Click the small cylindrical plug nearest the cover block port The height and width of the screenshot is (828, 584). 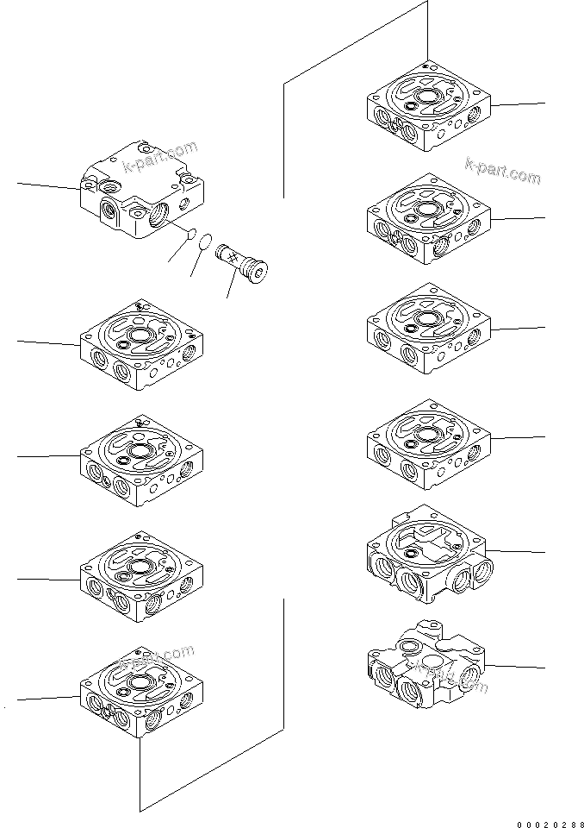pyautogui.click(x=191, y=232)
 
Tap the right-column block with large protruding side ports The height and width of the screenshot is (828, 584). pyautogui.click(x=427, y=556)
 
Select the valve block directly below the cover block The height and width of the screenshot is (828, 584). pyautogui.click(x=142, y=345)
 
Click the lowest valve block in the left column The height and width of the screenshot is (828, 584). pyautogui.click(x=142, y=695)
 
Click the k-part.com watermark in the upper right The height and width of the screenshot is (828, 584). pyautogui.click(x=503, y=171)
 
